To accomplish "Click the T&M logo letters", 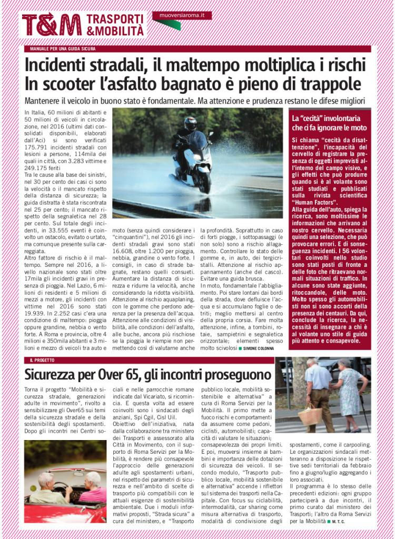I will tap(52, 25).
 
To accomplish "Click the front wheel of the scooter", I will tap(202, 182).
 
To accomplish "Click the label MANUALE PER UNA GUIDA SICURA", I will tap(63, 49).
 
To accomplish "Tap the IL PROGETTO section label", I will tap(42, 360).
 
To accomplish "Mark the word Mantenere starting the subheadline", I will tap(45, 101).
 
